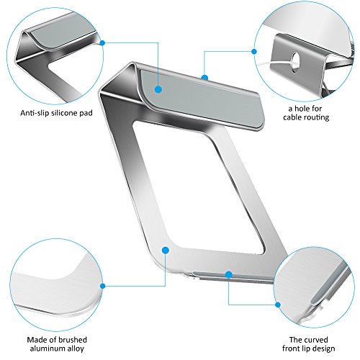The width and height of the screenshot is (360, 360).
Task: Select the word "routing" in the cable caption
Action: [316, 117]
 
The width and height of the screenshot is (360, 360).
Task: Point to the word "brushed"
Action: [73, 340]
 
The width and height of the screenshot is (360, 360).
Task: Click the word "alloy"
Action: [76, 349]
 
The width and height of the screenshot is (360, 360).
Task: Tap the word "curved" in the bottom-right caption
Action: [317, 340]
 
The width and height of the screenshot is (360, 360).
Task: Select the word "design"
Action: [323, 348]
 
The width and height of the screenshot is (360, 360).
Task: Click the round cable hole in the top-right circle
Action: [295, 60]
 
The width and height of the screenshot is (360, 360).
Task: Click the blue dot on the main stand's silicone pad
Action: [158, 89]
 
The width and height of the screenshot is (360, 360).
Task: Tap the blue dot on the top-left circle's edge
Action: [102, 43]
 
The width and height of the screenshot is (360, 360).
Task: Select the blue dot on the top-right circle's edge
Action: [254, 51]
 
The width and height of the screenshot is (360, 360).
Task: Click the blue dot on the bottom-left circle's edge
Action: [103, 286]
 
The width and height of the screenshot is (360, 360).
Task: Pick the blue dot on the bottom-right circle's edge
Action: [278, 305]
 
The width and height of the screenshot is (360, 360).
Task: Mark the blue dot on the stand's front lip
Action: [229, 274]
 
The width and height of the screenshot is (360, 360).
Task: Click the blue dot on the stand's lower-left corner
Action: [166, 250]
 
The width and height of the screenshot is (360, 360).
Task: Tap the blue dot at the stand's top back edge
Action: [204, 77]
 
